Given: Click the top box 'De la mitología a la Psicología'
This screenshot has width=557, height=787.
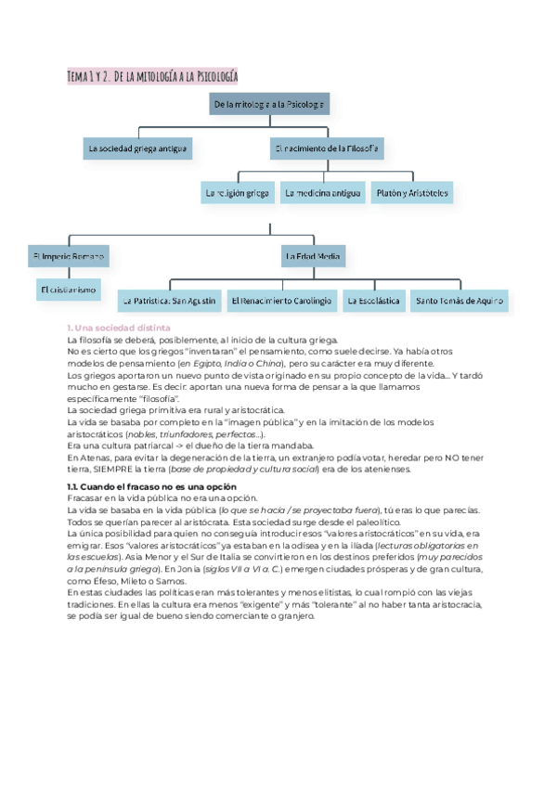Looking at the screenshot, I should click(x=269, y=106).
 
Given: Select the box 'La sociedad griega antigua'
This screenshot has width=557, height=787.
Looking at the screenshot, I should click(x=137, y=148).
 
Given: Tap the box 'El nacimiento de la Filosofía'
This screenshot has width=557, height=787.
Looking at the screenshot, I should click(x=328, y=148).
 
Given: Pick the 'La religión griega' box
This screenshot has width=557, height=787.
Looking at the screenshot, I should click(x=237, y=193).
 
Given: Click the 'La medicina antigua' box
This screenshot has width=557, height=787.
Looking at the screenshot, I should click(x=322, y=193).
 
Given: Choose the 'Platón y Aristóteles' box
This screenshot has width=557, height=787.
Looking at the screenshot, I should click(x=412, y=193).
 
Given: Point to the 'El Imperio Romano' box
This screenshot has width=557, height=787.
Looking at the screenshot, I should click(x=68, y=255).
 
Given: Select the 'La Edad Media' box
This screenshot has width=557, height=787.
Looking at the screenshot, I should click(x=312, y=255).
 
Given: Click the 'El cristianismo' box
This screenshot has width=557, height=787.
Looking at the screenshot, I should click(x=69, y=290).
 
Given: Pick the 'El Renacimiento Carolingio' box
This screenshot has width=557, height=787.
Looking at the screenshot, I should click(x=281, y=301).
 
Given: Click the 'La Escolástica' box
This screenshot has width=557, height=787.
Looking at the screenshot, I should click(x=372, y=301).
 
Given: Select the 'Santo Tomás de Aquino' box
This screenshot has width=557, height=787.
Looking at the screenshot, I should click(x=460, y=301).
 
